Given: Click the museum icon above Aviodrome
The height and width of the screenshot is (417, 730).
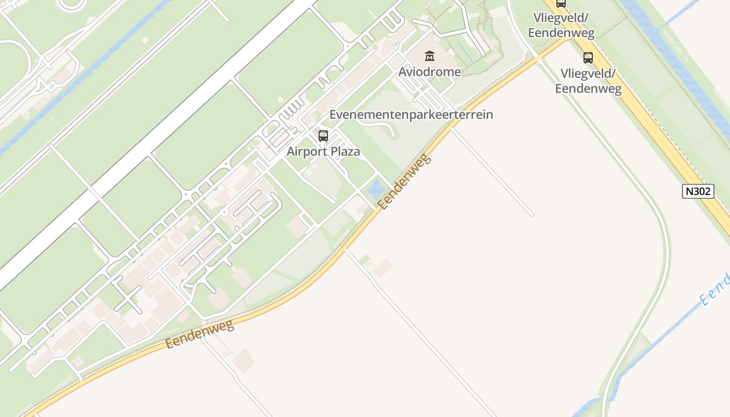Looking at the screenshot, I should (x=430, y=56).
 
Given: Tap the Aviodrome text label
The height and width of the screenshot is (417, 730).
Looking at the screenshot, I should (x=430, y=71).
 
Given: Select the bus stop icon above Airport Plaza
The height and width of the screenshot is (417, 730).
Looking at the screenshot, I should (x=323, y=136).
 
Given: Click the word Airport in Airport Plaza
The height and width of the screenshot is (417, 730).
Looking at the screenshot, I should (x=307, y=152).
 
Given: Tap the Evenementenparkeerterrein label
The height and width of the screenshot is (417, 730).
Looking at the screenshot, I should (x=411, y=115).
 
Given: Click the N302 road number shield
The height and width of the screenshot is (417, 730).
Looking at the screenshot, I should (x=698, y=191).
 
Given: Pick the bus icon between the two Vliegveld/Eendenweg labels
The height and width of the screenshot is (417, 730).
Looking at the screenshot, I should (x=588, y=57).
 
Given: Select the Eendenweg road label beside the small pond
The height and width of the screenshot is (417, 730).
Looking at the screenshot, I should (x=406, y=182).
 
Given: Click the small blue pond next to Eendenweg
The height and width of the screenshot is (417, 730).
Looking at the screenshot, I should (x=376, y=189).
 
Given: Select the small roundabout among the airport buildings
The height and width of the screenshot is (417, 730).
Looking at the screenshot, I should (x=224, y=213).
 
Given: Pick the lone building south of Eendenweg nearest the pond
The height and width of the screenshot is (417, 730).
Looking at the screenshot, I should (x=383, y=268).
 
